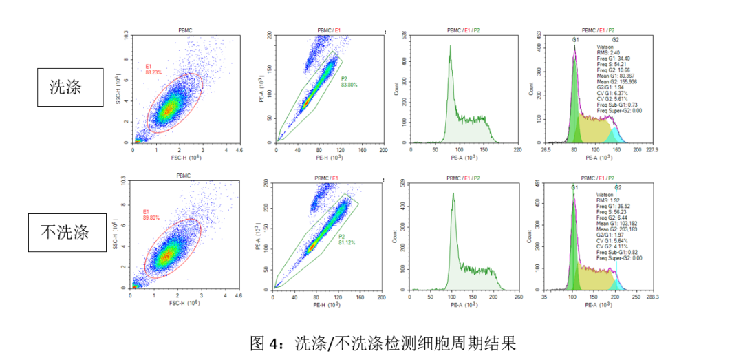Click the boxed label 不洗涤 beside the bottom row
65,232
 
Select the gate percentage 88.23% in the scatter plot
153,71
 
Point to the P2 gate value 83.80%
349,85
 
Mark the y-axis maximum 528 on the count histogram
404,34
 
